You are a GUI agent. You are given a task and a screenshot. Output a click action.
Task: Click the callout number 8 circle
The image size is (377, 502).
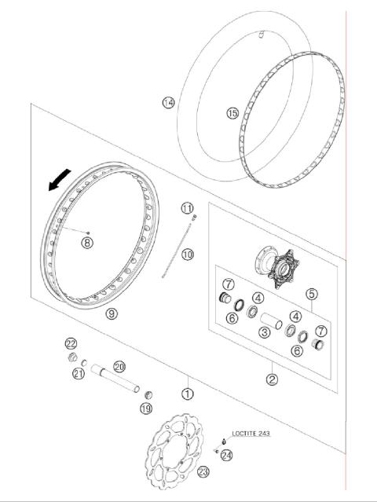[87, 243]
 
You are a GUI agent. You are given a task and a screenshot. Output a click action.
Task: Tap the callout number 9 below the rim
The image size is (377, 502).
[112, 313]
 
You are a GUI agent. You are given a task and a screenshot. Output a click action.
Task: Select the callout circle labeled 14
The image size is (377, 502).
[167, 102]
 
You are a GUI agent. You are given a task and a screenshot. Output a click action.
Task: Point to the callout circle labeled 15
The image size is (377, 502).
[232, 113]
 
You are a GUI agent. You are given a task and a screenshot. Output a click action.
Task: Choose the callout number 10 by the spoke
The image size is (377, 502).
[188, 255]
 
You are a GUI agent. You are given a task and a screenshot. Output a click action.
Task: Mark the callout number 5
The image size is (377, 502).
[312, 295]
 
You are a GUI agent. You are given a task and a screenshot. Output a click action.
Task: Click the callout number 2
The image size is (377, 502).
[273, 379]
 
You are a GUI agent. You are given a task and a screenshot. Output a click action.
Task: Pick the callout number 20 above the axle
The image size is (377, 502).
[119, 366]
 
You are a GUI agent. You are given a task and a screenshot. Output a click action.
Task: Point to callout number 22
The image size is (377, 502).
[71, 344]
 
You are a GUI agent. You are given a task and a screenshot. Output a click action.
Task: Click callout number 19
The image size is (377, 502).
[145, 408]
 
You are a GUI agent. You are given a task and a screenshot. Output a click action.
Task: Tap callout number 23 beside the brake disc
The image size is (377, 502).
[203, 471]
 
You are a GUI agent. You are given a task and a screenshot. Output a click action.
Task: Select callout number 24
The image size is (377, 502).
[227, 454]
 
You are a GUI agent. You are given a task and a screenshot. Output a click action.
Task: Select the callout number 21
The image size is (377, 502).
[79, 375]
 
